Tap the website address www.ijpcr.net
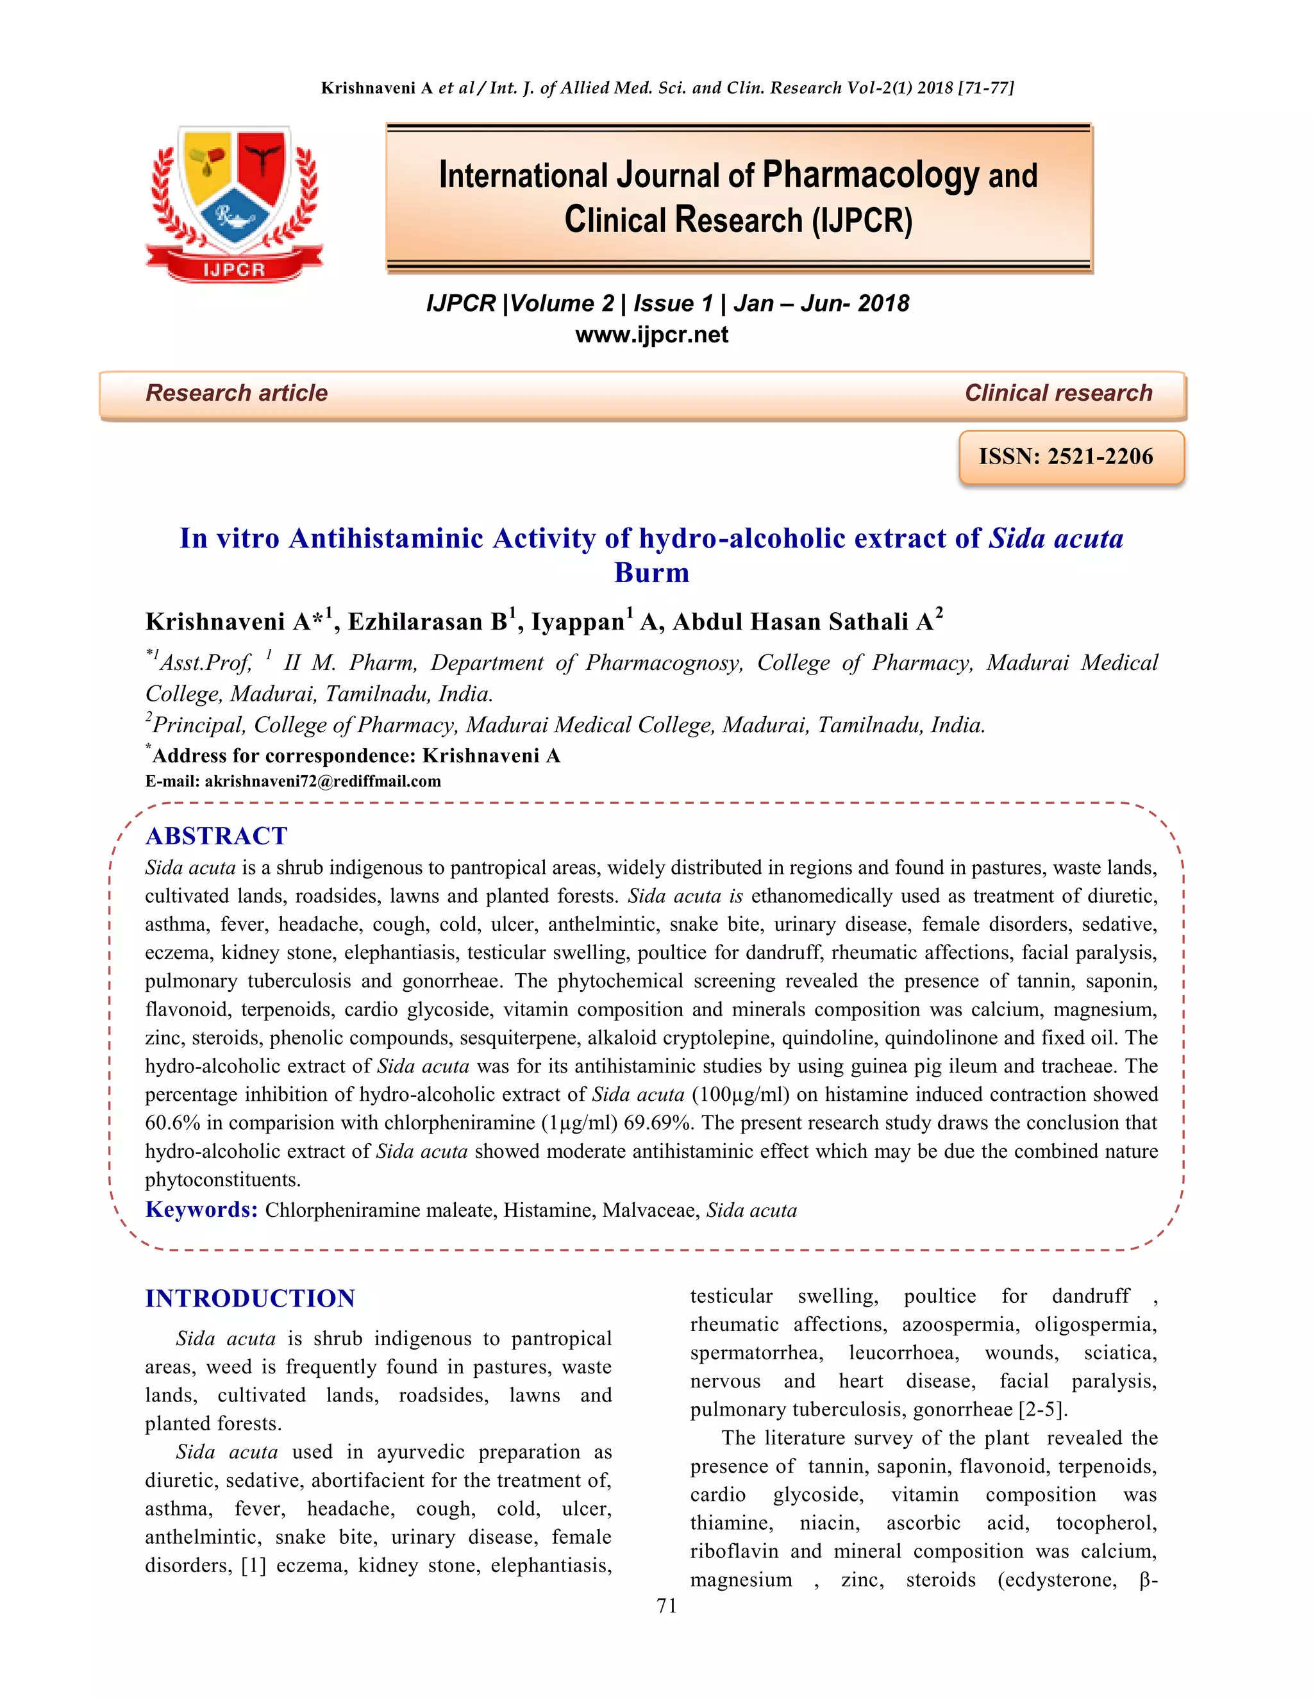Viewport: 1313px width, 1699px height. tap(652, 335)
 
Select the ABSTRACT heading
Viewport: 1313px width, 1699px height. tap(216, 835)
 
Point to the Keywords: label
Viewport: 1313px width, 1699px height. tap(201, 1210)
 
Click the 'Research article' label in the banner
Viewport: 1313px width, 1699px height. tap(237, 393)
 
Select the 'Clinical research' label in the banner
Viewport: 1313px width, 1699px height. tap(1058, 393)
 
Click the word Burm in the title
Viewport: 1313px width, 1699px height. tap(652, 573)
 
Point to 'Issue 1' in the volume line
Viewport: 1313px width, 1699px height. tap(672, 303)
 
